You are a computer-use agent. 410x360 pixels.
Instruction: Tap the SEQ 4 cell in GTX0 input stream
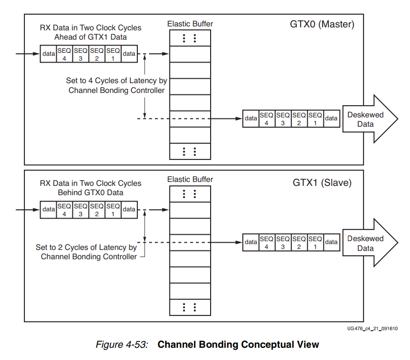click(x=64, y=54)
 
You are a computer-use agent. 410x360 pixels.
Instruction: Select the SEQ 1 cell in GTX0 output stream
click(x=315, y=119)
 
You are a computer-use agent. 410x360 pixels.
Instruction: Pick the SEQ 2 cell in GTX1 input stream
click(x=97, y=210)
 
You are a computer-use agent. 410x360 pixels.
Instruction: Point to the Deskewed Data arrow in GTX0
click(x=367, y=119)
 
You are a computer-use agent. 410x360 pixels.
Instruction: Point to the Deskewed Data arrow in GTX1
click(x=367, y=243)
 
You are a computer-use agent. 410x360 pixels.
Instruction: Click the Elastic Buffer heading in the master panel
click(x=190, y=23)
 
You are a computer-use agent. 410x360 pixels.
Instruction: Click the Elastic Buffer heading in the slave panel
click(x=190, y=180)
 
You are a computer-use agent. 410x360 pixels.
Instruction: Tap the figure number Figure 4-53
click(x=122, y=344)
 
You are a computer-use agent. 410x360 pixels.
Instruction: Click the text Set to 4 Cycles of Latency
click(x=116, y=81)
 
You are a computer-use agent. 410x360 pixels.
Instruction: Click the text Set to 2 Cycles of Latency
click(x=86, y=247)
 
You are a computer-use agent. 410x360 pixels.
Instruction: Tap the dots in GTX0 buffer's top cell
click(x=189, y=38)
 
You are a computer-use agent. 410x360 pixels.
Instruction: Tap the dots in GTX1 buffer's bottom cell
click(x=189, y=307)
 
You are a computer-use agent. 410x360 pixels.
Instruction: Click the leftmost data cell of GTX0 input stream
click(x=48, y=54)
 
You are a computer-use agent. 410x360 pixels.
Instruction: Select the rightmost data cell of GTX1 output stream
click(x=331, y=242)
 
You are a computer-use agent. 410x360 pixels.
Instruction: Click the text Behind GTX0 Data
click(x=90, y=193)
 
